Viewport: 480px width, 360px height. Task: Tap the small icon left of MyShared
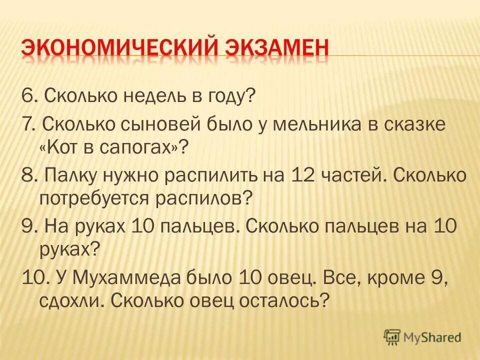392,337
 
